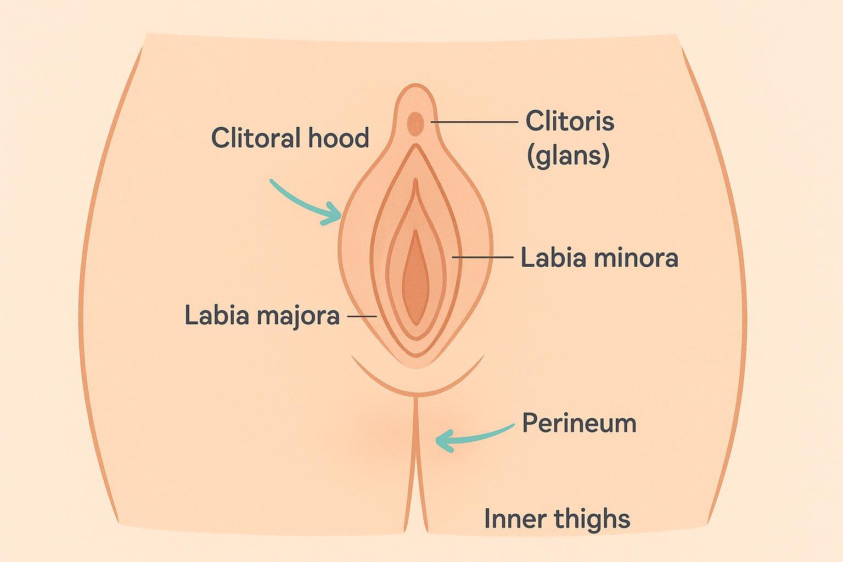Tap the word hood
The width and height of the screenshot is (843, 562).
[x=339, y=137]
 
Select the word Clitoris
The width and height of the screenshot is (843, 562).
[x=570, y=121]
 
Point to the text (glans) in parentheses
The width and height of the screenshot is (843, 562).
[x=568, y=155]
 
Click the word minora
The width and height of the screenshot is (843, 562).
[x=632, y=258]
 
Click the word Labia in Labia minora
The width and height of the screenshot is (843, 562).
[x=550, y=258]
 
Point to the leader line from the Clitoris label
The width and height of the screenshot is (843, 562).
[x=475, y=122]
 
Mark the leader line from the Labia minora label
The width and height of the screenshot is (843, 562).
[x=483, y=257]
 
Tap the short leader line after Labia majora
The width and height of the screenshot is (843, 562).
[x=362, y=316]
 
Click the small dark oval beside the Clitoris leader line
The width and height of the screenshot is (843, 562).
[x=415, y=124]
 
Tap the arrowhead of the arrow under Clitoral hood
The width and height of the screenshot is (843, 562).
[x=333, y=215]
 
